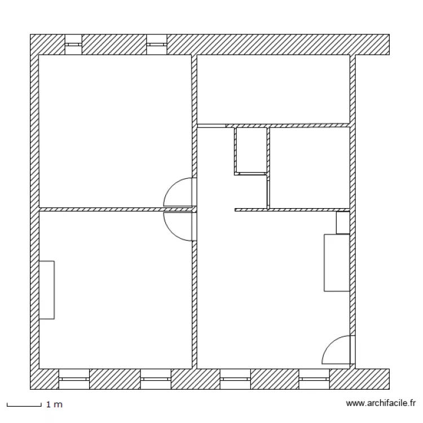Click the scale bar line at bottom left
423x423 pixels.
coord(24,405)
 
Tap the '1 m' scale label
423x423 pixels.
coord(54,405)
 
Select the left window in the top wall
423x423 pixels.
coord(73,45)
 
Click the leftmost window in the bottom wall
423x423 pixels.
coord(74,379)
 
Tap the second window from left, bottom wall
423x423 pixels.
coord(155,379)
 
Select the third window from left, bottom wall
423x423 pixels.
coord(235,379)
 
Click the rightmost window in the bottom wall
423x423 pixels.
coord(315,379)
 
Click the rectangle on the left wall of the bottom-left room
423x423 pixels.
coord(47,290)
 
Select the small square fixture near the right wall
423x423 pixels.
coord(342,223)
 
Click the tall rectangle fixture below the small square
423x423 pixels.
coord(337,263)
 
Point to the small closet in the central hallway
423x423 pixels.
coord(250,150)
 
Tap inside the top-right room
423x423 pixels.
coord(274,89)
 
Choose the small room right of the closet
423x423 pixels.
coord(310,168)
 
